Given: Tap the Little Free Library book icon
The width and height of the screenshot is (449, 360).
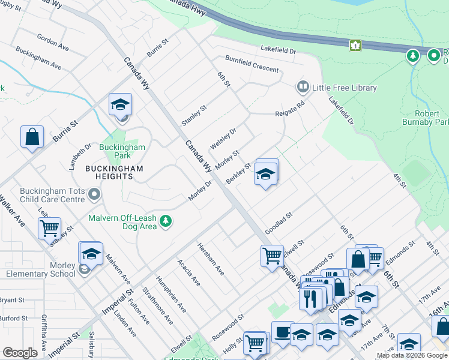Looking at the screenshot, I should [x=303, y=88].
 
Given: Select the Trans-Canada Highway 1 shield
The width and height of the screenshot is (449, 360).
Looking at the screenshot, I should [x=356, y=45].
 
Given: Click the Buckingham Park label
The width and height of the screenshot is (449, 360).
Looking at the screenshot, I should [x=122, y=151].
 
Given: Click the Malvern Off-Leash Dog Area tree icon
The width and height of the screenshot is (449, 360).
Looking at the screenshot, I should [x=166, y=222].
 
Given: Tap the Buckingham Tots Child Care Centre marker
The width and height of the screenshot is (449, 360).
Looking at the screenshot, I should [x=94, y=194].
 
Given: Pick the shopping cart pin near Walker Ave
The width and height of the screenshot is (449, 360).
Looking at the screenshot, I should [x=49, y=227].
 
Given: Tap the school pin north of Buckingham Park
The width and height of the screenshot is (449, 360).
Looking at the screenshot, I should [x=120, y=104].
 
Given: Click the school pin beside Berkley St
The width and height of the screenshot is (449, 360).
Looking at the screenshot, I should [x=266, y=174].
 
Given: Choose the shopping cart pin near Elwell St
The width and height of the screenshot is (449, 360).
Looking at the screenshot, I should [x=272, y=255].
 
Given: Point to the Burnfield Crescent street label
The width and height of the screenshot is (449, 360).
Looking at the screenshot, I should [x=252, y=63].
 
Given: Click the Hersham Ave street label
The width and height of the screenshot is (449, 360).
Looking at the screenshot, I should [x=211, y=259].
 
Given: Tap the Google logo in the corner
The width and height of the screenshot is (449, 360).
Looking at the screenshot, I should [x=20, y=353].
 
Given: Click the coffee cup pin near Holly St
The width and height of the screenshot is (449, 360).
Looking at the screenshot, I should [x=282, y=332].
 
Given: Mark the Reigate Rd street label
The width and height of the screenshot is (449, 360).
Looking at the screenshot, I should [x=290, y=109].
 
